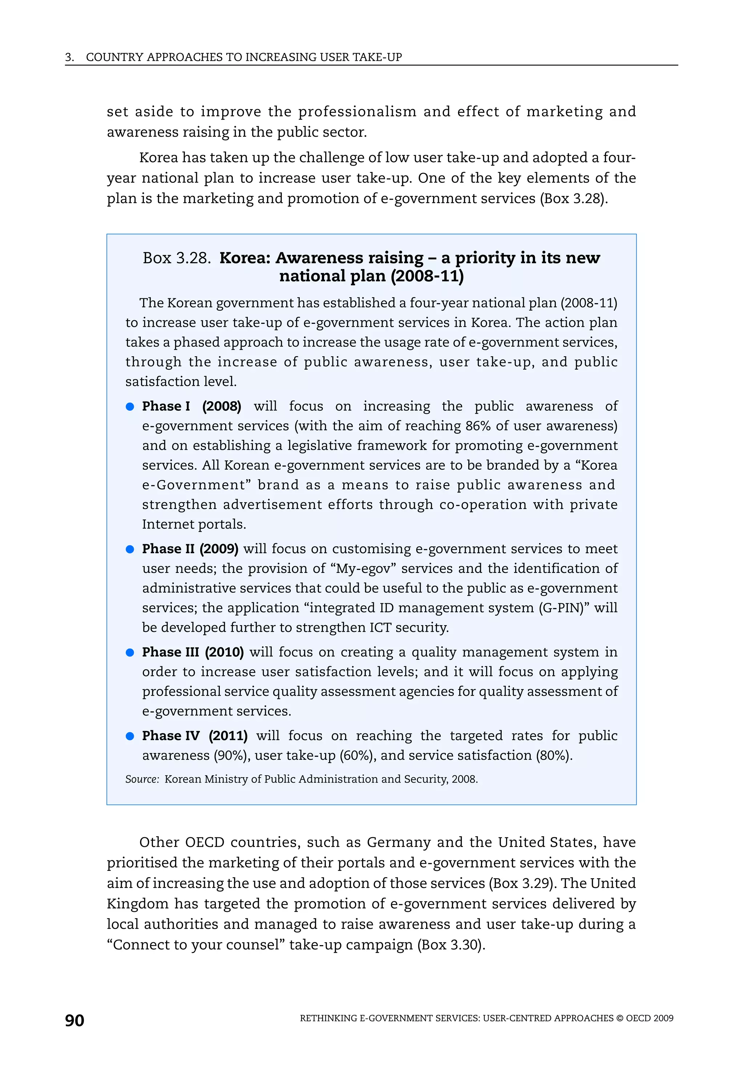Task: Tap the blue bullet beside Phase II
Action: tap(130, 549)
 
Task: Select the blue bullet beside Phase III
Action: tap(130, 653)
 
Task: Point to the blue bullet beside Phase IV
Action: tap(130, 736)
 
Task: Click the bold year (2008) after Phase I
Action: tap(222, 406)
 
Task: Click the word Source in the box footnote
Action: tap(142, 779)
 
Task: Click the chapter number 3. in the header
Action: tap(69, 57)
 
